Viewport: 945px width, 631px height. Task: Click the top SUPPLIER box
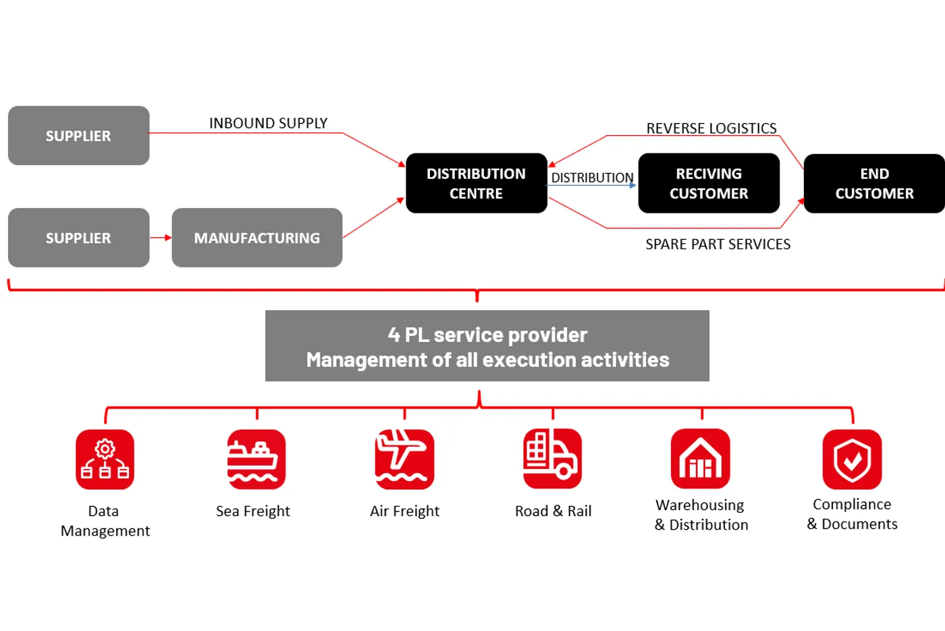(x=78, y=136)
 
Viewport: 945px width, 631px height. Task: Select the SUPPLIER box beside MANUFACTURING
(x=78, y=238)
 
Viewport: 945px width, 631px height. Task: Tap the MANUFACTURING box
(x=256, y=238)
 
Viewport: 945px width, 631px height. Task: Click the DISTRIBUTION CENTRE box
(x=476, y=183)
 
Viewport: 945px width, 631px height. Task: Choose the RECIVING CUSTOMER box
(x=709, y=183)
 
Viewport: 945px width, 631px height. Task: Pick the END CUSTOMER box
(x=874, y=183)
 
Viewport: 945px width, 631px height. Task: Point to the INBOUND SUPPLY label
(x=268, y=123)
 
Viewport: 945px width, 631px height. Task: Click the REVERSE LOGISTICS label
(x=711, y=128)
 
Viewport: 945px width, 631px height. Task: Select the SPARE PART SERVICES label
(x=718, y=244)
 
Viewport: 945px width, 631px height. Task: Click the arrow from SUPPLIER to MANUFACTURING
(x=161, y=238)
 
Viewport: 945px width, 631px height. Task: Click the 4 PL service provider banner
(x=487, y=346)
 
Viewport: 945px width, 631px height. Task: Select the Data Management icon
(x=105, y=459)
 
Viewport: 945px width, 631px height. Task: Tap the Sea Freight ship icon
(x=256, y=459)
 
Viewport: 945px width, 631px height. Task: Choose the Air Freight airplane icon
(x=404, y=459)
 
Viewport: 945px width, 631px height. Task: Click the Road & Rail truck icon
(x=552, y=459)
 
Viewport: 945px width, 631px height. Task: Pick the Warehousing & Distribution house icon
(x=701, y=459)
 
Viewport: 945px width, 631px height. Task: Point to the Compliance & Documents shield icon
(x=852, y=459)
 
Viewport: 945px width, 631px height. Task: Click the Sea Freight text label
(x=253, y=511)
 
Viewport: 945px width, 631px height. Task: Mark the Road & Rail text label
(x=553, y=511)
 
